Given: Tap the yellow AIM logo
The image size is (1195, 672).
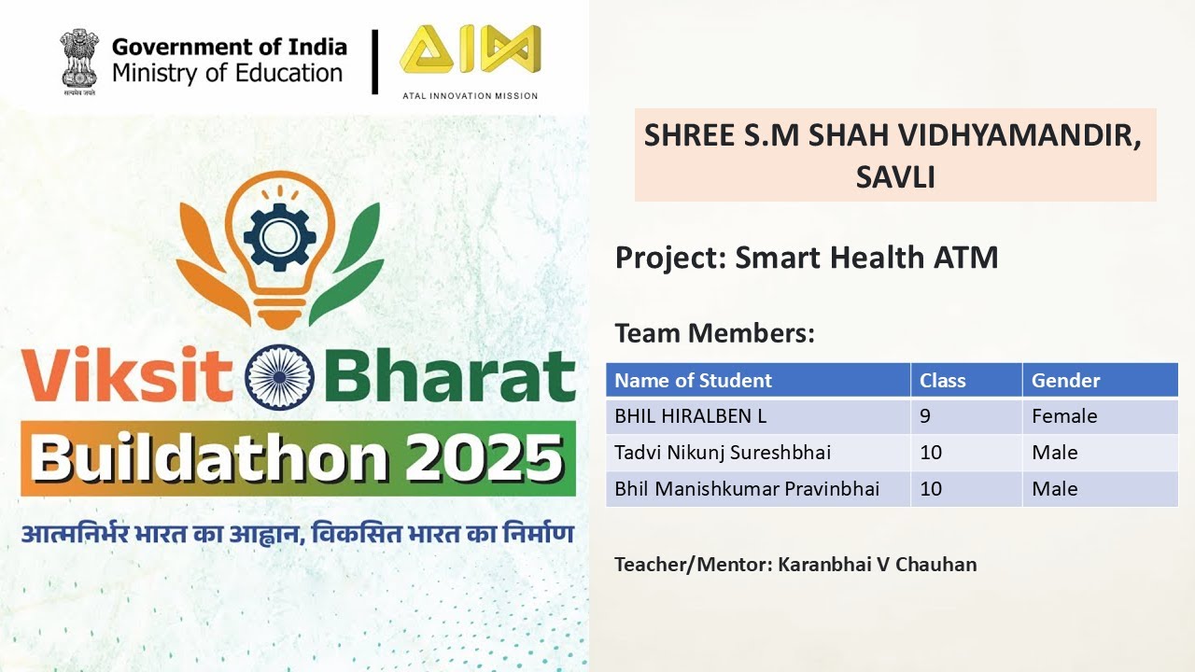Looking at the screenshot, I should pos(470,51).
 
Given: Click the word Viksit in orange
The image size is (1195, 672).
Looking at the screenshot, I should pos(128,378).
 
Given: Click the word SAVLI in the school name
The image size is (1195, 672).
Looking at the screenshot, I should pos(894,176).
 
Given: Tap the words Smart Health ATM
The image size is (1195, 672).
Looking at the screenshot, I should pos(866,258).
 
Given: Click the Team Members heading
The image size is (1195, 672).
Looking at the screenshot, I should pos(714,333).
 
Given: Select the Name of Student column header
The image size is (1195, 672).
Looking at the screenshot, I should pos(693,381).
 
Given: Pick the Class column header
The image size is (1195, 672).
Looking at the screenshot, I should pos(942,381).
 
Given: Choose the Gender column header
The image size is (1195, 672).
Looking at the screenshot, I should pos(1065,381).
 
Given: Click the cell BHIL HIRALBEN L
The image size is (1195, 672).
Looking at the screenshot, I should pos(690,416).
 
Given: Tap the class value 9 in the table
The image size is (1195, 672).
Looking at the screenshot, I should pos(925,416).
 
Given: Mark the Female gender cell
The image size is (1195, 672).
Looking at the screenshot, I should pos(1064,416).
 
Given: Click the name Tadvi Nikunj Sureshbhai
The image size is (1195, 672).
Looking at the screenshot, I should pos(723,453).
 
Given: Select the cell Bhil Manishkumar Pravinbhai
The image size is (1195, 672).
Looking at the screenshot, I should pos(747,489).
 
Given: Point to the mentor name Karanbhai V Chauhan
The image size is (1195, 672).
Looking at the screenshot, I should pos(878,565).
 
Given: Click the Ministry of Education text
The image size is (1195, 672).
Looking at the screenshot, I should pos(228,73).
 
